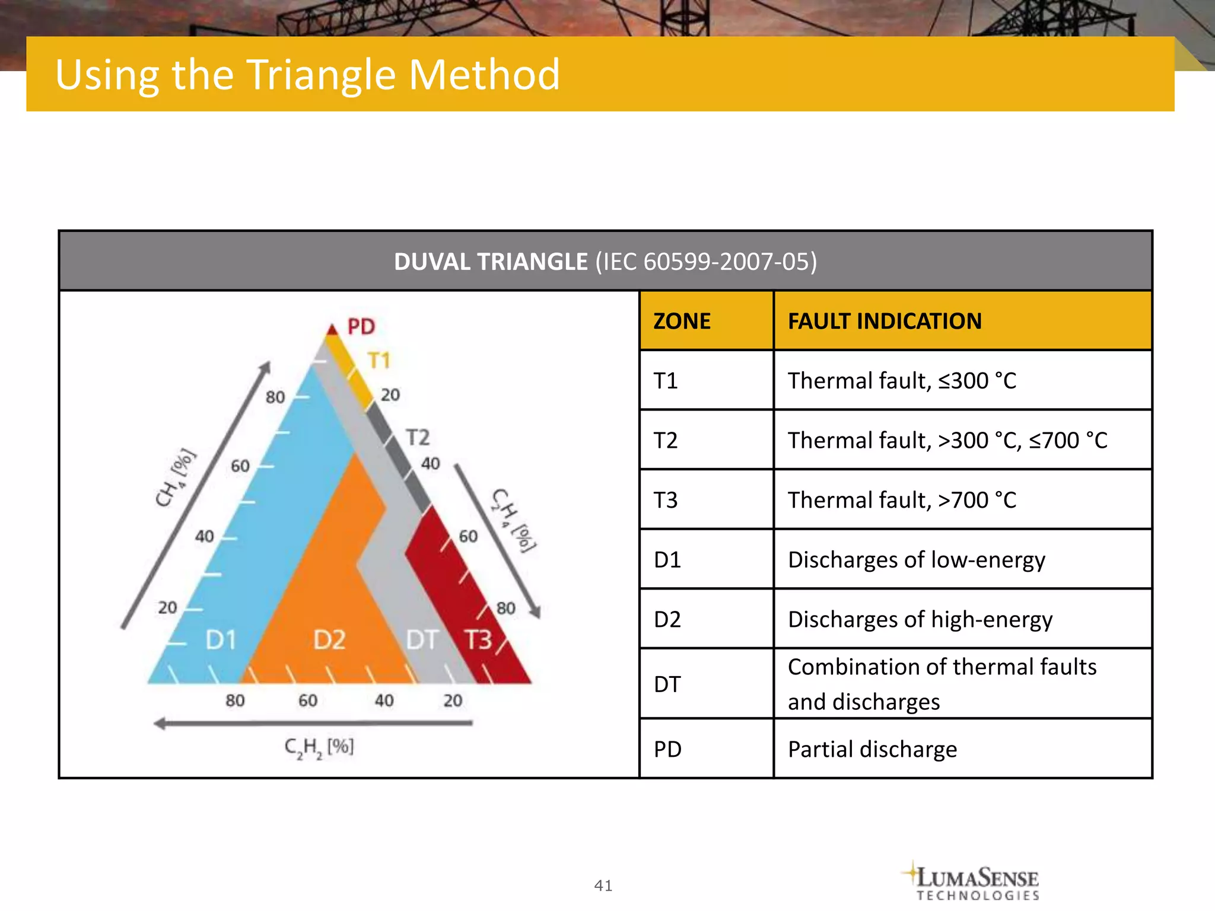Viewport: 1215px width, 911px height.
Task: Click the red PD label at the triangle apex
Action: point(361,326)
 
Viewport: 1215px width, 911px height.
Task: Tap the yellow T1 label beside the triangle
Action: point(379,361)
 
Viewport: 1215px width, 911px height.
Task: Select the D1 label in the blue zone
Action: point(221,640)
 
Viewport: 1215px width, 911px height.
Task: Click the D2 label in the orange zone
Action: point(329,640)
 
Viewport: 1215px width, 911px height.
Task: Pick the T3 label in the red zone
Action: point(478,640)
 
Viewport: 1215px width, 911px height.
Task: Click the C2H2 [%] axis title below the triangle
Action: point(319,747)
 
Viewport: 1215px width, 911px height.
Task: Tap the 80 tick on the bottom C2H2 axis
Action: point(235,700)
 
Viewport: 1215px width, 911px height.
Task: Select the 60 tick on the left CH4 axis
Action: point(240,466)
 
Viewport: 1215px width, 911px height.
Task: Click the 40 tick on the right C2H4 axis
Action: point(431,463)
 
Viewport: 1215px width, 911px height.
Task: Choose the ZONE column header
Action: point(682,321)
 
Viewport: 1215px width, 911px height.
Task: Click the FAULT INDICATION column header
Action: point(885,321)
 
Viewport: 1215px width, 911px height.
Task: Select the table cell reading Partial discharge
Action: point(872,749)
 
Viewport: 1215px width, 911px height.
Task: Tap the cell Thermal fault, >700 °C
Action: point(902,500)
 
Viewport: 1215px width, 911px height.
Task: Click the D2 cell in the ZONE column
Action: point(667,619)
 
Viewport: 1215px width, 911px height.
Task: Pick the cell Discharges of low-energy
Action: point(917,560)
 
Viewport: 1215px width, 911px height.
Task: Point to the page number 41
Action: point(603,885)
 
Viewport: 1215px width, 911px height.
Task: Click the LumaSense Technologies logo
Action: point(973,881)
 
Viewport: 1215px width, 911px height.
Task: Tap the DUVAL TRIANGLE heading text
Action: point(491,262)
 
